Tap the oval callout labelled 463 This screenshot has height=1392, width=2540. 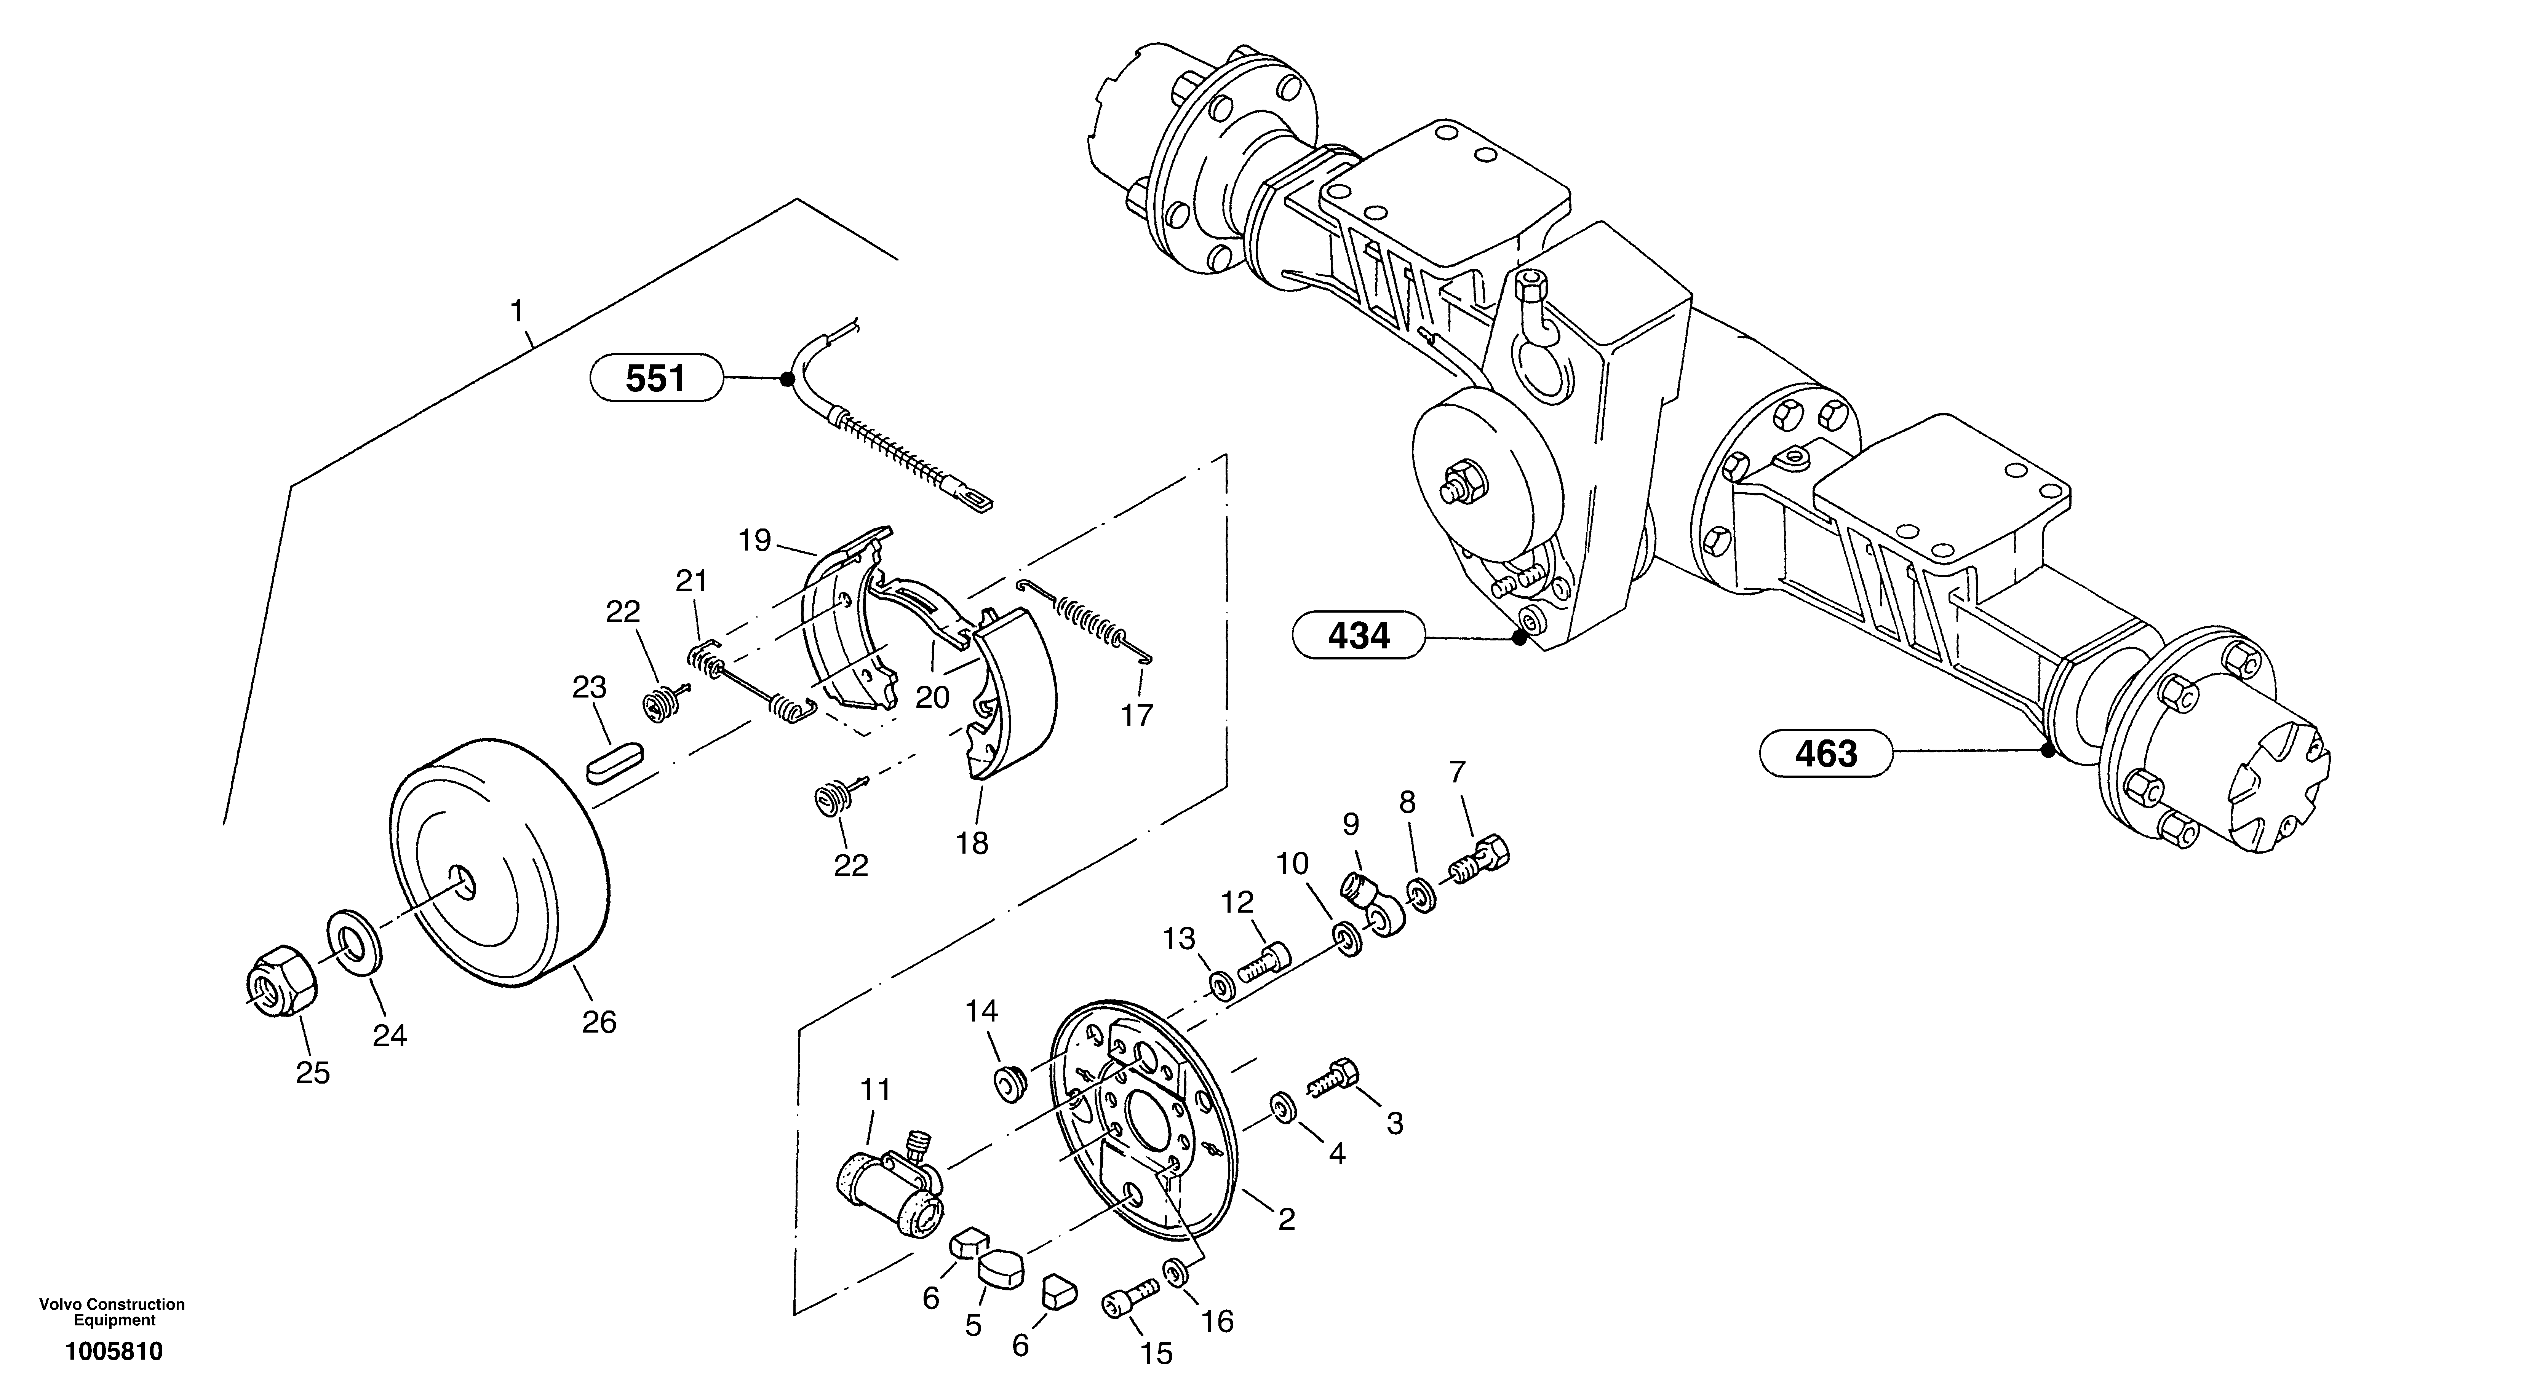tap(1826, 754)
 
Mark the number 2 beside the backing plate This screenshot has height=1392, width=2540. tap(1286, 1220)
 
